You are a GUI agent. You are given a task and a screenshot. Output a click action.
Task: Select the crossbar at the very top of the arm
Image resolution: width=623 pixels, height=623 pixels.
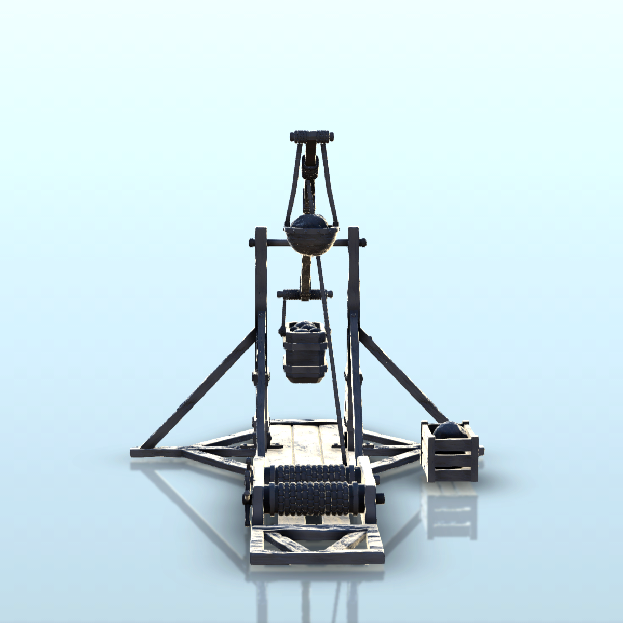311,138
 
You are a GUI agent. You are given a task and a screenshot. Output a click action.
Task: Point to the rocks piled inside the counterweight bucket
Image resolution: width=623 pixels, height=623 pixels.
305,328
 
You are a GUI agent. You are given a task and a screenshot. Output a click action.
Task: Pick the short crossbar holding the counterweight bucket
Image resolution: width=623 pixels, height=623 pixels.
304,295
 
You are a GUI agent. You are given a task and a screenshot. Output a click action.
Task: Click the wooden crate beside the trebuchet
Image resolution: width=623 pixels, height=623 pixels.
449,457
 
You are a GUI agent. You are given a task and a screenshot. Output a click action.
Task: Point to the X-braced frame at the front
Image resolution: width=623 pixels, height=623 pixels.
317,545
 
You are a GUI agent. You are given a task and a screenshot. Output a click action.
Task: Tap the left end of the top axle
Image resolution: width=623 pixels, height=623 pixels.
252,242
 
